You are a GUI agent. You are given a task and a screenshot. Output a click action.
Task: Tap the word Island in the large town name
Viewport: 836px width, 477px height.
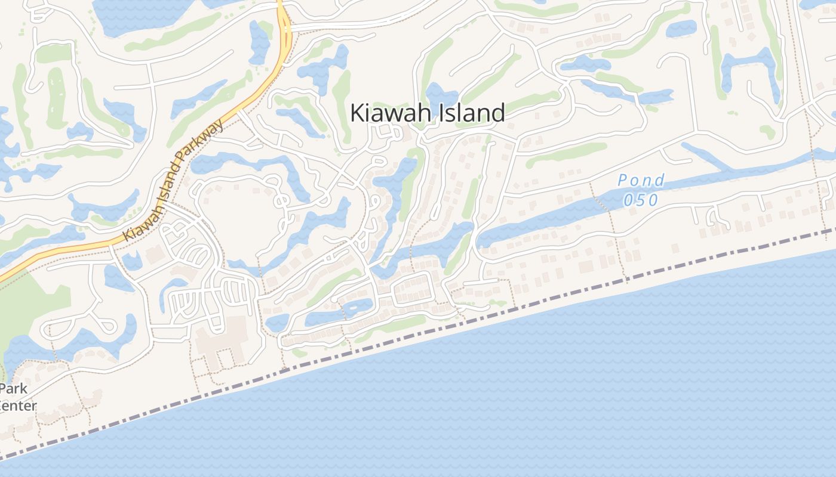click(474, 113)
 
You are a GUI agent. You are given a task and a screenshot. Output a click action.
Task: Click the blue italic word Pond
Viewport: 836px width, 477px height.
click(641, 180)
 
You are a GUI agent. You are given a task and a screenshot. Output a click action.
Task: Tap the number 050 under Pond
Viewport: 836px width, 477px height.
click(641, 200)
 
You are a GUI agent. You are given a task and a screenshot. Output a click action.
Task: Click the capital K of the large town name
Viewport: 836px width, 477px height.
click(356, 113)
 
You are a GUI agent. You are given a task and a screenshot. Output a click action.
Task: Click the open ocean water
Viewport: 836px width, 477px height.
click(597, 388)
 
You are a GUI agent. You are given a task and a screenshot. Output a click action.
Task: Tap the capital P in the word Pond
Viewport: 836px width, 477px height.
click(623, 180)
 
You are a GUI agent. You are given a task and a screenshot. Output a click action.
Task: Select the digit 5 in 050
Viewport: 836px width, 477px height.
click(641, 200)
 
